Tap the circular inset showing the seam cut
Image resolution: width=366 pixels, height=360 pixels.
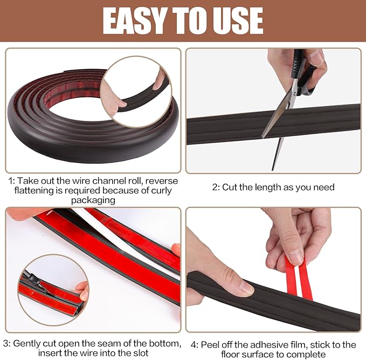[53, 289]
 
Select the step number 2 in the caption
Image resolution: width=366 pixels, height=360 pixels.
[215, 187]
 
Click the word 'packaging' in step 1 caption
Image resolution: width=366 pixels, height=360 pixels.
[92, 200]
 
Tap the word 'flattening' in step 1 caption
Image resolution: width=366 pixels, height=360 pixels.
[36, 191]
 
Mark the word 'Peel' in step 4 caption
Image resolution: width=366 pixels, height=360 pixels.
[210, 344]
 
